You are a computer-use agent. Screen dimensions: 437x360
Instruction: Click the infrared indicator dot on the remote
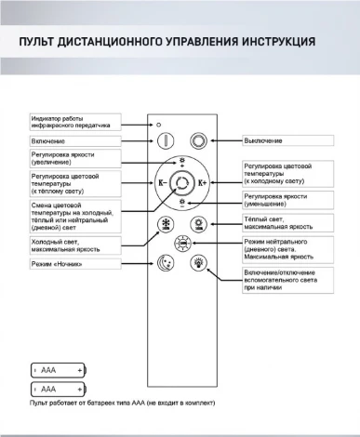(159, 125)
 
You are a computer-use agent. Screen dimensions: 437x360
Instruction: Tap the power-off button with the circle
(199, 140)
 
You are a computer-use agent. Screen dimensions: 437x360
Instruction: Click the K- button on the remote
(164, 182)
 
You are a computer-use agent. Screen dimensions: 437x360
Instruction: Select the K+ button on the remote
(202, 182)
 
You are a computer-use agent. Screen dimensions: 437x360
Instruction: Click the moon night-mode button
(167, 263)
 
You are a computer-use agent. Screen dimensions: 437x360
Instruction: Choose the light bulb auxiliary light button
(198, 263)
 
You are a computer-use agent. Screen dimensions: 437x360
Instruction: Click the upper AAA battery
(59, 369)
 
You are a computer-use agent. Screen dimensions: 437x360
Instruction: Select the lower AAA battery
(59, 388)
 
